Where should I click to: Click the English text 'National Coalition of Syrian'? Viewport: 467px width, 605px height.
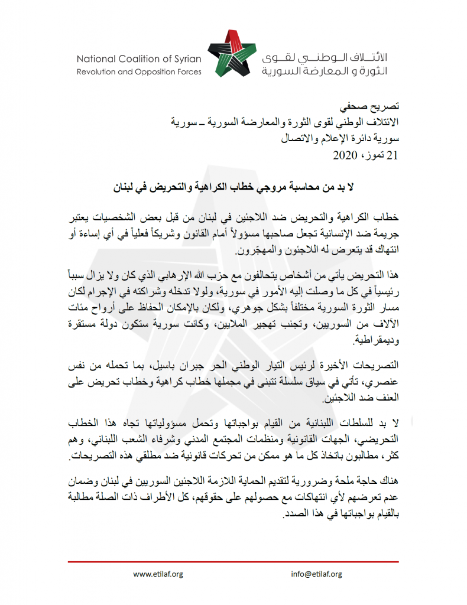139,58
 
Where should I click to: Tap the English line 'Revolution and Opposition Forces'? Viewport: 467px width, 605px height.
139,72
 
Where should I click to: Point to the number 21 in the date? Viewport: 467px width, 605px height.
393,156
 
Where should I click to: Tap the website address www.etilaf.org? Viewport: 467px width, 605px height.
158,574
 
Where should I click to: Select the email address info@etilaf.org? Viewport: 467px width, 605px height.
316,574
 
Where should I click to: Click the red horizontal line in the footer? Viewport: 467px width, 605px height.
234,562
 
